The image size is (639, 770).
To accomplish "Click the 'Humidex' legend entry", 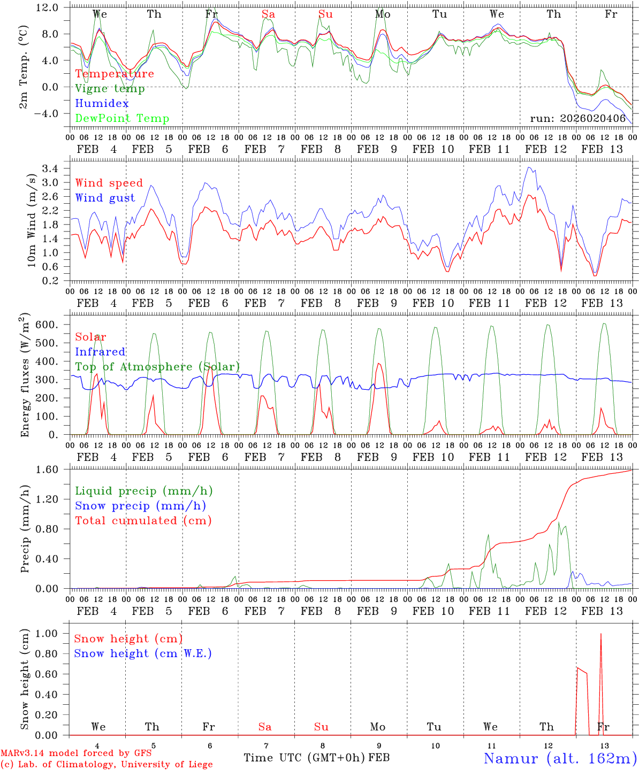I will pyautogui.click(x=102, y=104).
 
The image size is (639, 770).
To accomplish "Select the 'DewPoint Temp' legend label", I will pyautogui.click(x=122, y=119).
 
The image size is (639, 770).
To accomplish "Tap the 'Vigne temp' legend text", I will pyautogui.click(x=110, y=89).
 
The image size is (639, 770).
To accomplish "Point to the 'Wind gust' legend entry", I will pyautogui.click(x=105, y=198).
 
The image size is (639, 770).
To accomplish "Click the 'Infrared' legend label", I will pyautogui.click(x=100, y=352).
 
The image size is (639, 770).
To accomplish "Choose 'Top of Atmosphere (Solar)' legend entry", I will pyautogui.click(x=157, y=367).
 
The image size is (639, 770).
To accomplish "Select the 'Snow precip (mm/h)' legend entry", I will pyautogui.click(x=140, y=506).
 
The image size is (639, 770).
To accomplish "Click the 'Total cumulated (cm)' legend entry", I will pyautogui.click(x=143, y=521).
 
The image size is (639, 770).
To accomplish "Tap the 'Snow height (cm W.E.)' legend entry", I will pyautogui.click(x=143, y=653).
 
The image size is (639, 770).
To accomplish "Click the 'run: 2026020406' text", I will pyautogui.click(x=577, y=119).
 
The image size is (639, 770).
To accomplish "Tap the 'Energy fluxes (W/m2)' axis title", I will pyautogui.click(x=25, y=376).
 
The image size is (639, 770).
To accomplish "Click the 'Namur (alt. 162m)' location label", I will pyautogui.click(x=560, y=758).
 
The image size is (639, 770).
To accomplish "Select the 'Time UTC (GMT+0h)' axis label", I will pyautogui.click(x=305, y=758).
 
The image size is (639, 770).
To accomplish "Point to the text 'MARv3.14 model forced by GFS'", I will pyautogui.click(x=76, y=753).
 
